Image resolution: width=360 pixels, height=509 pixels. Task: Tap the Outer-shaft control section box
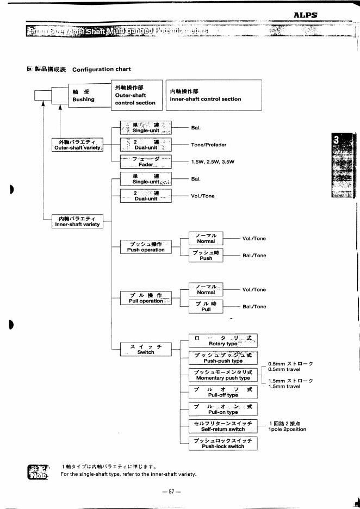tap(135, 95)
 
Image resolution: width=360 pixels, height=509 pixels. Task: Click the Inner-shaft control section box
tap(213, 95)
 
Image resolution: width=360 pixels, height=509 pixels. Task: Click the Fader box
tap(145, 162)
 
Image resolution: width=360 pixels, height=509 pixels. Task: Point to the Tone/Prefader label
tap(209, 145)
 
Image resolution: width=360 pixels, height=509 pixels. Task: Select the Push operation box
tap(146, 247)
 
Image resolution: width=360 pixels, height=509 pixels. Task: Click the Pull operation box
tap(146, 298)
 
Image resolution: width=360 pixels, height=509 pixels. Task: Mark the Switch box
tap(146, 349)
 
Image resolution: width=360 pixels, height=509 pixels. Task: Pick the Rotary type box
tap(223, 341)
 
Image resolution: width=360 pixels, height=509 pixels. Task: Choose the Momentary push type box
tap(223, 375)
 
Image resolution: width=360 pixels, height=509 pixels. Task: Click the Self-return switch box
tap(223, 426)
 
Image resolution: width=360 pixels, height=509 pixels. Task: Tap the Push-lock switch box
tap(223, 443)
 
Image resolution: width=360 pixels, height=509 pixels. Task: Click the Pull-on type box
tap(223, 409)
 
